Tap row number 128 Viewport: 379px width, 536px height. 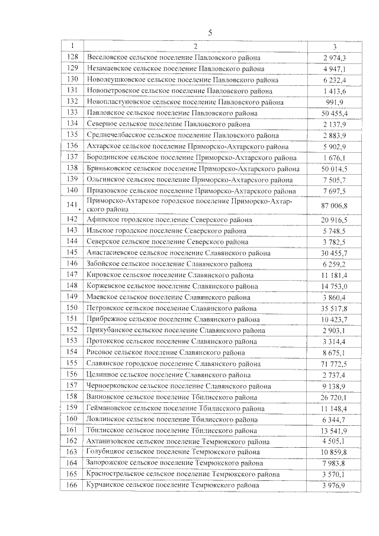coord(72,57)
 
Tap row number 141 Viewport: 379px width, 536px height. coord(72,205)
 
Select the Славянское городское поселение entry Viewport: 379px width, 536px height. coord(174,363)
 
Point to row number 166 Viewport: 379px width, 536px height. coord(72,486)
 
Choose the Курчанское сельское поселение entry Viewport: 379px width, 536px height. coord(173,486)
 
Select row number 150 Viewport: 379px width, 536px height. coord(72,308)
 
